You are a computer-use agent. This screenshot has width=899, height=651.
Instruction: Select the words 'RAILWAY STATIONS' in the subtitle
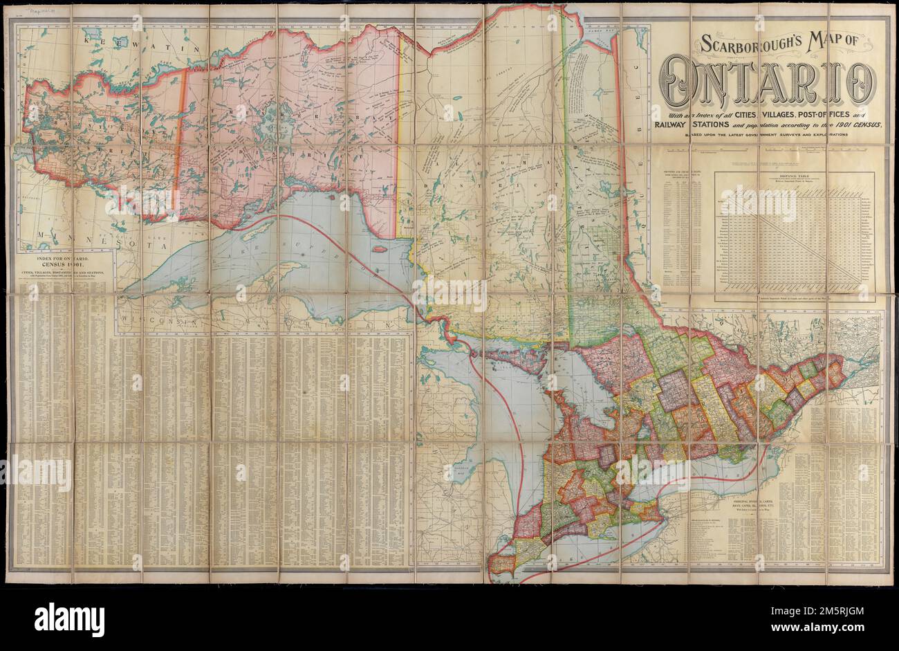[x=692, y=125]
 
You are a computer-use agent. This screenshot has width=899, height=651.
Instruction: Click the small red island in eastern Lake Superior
[x=379, y=248]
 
